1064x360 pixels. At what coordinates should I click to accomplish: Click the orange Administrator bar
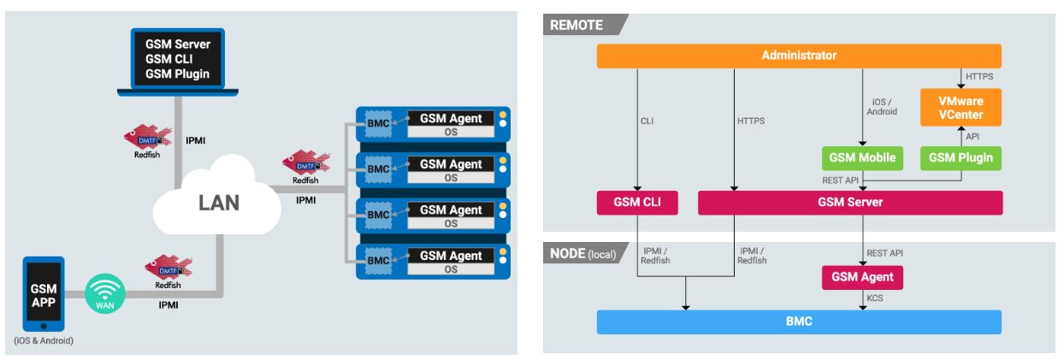799,56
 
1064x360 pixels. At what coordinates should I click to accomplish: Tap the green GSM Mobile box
862,157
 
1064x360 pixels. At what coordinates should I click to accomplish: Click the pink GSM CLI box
636,203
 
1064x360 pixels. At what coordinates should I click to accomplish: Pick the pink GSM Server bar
850,203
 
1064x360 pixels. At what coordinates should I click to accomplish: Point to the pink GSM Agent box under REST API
862,276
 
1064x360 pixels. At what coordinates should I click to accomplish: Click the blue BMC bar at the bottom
799,322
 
